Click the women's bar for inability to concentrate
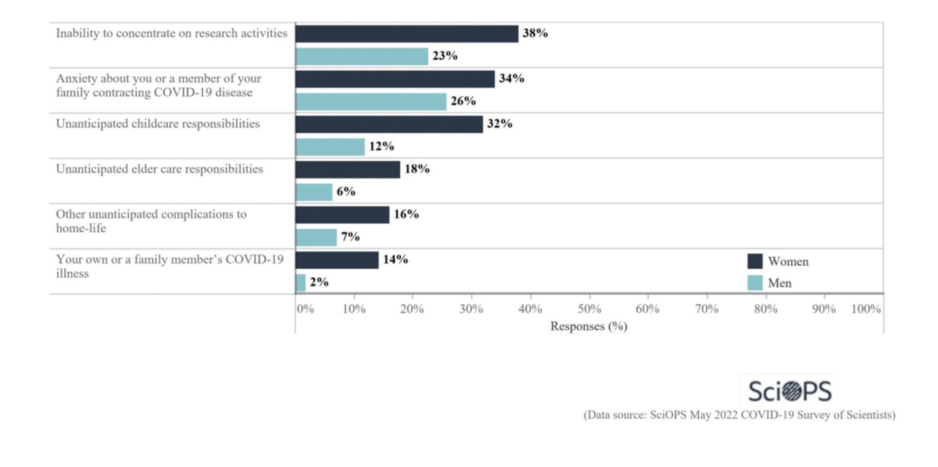point(407,34)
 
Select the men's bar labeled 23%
point(362,56)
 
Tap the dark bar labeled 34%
point(395,79)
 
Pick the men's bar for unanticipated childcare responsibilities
point(330,147)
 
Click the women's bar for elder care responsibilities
point(348,169)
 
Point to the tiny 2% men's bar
point(301,282)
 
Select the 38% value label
point(535,33)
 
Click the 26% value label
point(463,101)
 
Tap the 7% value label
point(350,237)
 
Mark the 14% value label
point(395,259)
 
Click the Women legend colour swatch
point(755,261)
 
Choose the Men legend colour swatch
point(755,283)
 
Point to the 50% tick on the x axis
point(589,309)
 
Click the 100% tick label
point(866,309)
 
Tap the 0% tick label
point(305,309)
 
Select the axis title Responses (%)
point(589,326)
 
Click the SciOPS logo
point(790,391)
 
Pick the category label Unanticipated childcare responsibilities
point(158,124)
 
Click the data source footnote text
point(739,415)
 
